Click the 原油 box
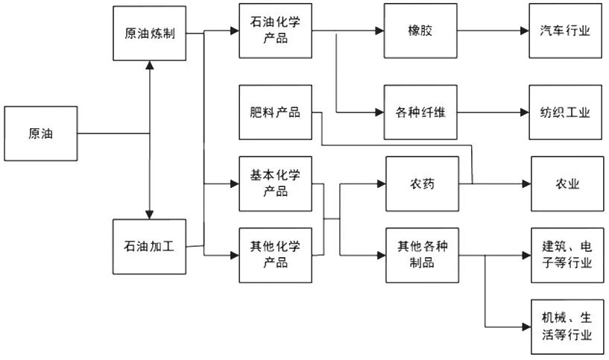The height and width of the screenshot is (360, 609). click(40, 133)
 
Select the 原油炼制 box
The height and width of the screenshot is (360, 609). click(149, 34)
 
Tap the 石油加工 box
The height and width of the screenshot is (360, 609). click(149, 245)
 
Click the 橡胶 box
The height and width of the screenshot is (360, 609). click(420, 31)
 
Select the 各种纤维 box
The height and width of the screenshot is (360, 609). click(420, 113)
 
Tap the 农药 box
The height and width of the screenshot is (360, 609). click(420, 183)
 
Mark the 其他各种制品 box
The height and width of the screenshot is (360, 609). click(420, 255)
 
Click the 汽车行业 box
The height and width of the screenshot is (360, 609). click(566, 31)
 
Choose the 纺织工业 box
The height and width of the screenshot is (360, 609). click(566, 113)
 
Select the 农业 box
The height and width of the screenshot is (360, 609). click(566, 183)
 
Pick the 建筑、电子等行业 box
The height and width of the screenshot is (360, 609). click(566, 255)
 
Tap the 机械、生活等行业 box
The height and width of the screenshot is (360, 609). click(566, 326)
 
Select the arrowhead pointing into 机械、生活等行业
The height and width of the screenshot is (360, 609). click(526, 326)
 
